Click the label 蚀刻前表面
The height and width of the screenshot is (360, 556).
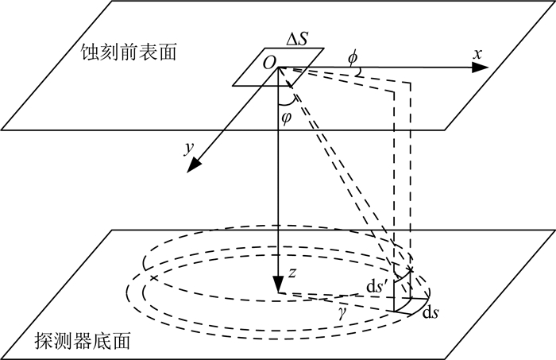[128, 53]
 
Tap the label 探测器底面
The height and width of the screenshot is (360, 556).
[90, 342]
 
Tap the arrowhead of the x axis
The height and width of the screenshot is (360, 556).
[481, 68]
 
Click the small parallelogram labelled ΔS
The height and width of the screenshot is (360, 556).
[278, 67]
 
